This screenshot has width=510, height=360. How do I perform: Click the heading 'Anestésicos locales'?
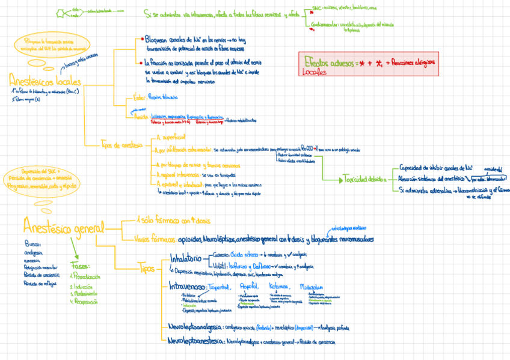coord(45,81)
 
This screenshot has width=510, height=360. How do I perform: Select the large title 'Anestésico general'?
coord(63,227)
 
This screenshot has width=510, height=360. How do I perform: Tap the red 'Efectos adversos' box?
coord(369,64)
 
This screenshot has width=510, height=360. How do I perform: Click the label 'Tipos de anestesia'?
coord(123,144)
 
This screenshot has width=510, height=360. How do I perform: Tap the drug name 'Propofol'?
coord(248,287)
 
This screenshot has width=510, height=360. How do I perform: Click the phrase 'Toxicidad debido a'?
coord(364,178)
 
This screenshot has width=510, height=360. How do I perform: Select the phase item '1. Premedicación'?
coord(84,277)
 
